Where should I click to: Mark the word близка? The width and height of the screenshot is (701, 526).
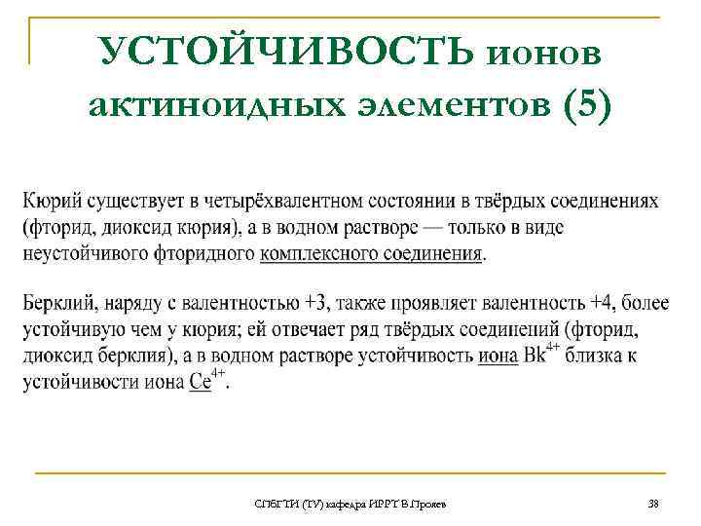tap(599, 357)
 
